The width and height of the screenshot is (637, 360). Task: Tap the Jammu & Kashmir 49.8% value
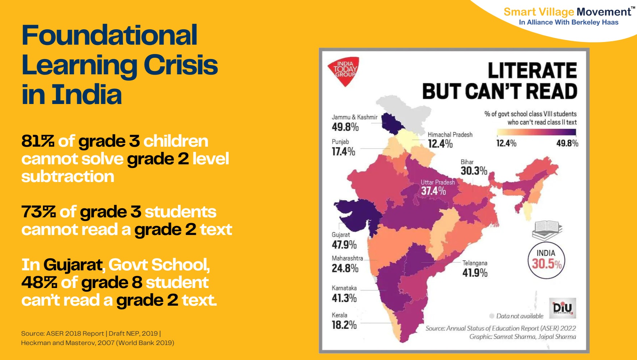tap(345, 127)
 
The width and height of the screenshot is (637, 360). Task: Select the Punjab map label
tap(340, 142)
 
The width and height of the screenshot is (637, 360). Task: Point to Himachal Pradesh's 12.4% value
tap(440, 144)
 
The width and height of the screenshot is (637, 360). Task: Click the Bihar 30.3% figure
tap(474, 171)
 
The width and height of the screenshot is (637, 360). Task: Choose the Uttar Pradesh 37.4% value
tap(433, 191)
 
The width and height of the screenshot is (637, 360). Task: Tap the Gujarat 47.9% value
tap(344, 245)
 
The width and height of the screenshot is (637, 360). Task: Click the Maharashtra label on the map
tap(347, 258)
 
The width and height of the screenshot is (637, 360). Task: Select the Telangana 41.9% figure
tap(475, 273)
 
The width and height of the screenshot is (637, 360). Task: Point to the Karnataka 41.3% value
tap(344, 298)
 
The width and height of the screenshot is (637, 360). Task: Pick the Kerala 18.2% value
tap(344, 325)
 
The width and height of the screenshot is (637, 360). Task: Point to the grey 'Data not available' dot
tap(492, 316)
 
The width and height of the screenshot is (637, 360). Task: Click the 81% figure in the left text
tap(38, 141)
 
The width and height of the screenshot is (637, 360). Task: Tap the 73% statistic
tap(38, 212)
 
